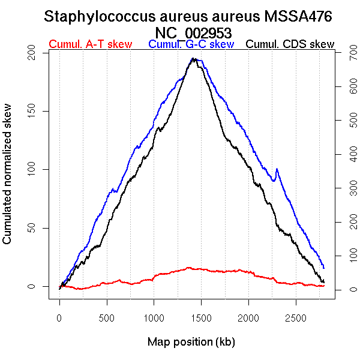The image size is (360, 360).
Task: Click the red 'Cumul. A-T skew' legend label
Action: tap(91, 44)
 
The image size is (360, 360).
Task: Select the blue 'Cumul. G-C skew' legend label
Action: tap(191, 44)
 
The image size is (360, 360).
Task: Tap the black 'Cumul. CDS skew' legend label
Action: tap(290, 44)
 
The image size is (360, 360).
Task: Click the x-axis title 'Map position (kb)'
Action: tap(191, 342)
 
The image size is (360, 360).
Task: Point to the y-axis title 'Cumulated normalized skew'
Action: tap(8, 181)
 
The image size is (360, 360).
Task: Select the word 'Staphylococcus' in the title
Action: tap(92, 17)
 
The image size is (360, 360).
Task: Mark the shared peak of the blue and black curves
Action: tap(194, 59)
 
